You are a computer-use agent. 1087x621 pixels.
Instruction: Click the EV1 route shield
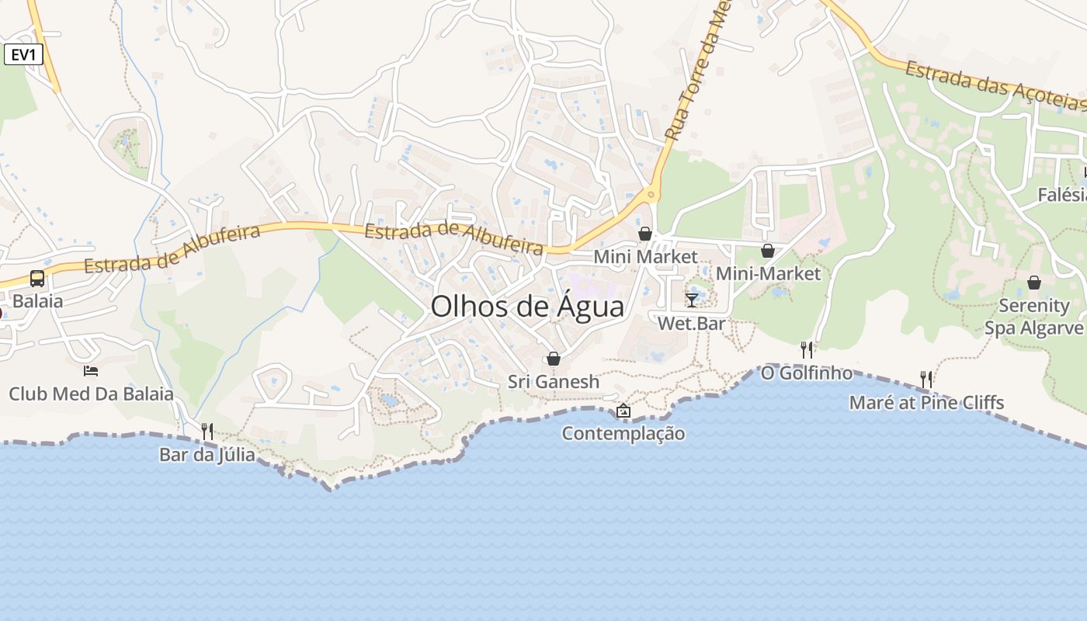click(x=23, y=54)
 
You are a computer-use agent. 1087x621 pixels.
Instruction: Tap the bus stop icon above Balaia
click(x=36, y=278)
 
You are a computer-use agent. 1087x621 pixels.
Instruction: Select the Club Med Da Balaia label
click(x=91, y=394)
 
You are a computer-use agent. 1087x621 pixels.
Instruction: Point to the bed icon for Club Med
click(x=91, y=371)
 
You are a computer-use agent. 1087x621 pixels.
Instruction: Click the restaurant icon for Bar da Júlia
click(x=207, y=431)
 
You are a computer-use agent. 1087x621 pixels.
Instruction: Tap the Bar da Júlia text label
click(x=207, y=454)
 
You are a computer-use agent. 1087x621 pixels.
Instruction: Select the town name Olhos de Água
click(x=527, y=307)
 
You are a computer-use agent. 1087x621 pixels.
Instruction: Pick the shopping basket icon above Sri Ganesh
click(x=554, y=359)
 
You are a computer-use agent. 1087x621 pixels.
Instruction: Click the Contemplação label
click(x=623, y=433)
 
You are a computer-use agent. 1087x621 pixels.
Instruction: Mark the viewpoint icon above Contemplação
click(x=623, y=411)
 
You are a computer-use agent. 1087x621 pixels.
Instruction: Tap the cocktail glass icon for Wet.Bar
click(x=692, y=300)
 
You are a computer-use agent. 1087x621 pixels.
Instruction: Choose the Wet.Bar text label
click(x=691, y=323)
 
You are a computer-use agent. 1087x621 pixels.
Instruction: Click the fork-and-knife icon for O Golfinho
click(x=807, y=350)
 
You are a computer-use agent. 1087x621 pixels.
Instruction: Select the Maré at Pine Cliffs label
click(x=926, y=402)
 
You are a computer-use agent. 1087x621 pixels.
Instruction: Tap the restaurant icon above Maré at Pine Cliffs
click(x=926, y=380)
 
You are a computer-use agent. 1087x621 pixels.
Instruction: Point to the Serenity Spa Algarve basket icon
click(x=1033, y=283)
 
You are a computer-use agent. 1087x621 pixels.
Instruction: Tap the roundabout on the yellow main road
click(x=651, y=194)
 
